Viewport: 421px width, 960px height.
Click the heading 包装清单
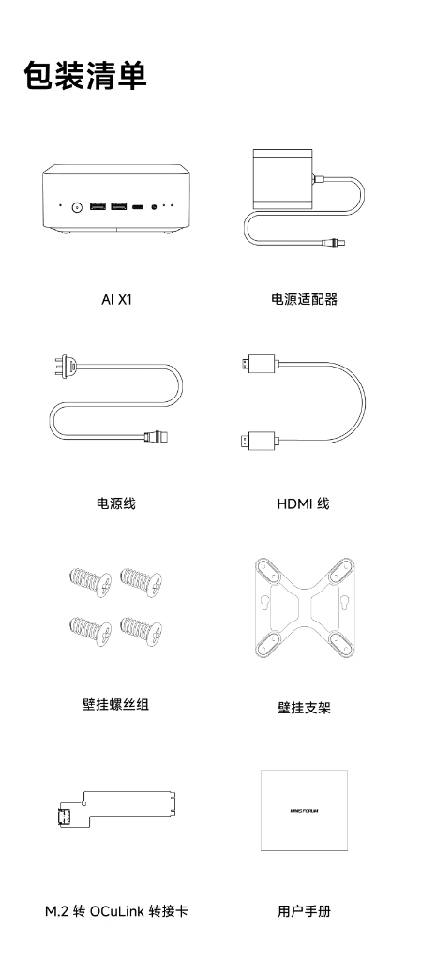(85, 76)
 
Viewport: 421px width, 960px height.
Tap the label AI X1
(116, 299)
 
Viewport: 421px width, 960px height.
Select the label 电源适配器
(304, 299)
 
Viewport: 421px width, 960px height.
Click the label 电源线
(115, 503)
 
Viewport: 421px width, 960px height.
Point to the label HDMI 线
(304, 503)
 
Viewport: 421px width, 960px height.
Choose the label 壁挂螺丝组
(115, 704)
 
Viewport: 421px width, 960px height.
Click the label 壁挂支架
(304, 708)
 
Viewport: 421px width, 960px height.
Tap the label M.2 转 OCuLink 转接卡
(116, 911)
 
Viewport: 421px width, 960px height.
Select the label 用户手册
(304, 911)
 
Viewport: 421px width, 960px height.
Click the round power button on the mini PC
(78, 207)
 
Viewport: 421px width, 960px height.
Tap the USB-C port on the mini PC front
(138, 207)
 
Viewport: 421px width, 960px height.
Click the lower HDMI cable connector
(260, 440)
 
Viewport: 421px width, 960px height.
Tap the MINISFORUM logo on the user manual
(304, 811)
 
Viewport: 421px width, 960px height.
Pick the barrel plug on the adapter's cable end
(334, 241)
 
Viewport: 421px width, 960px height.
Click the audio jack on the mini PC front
(154, 207)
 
